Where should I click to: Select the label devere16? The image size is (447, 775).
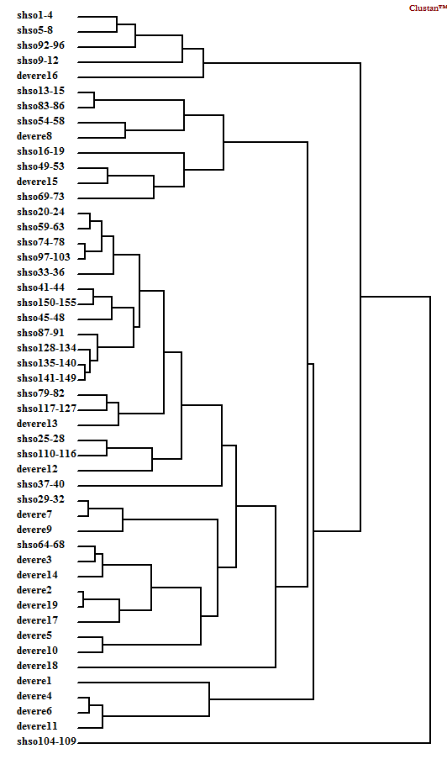coord(38,76)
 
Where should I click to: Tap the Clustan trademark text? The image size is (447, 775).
coord(427,8)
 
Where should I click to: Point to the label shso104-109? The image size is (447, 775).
coord(47,741)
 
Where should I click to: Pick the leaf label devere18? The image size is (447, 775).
coord(38,666)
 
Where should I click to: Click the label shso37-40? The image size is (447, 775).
coord(40,484)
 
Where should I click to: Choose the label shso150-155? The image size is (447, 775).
coord(46,303)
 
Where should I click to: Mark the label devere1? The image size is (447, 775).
coord(34,681)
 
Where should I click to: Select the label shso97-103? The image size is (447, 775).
coord(44,257)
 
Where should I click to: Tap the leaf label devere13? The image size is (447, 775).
coord(38,424)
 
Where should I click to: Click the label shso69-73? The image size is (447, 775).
coord(40,197)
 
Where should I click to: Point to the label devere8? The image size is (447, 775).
coord(34,136)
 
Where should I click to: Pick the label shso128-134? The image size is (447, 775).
coord(46,348)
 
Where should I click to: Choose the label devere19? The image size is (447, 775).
coord(38,605)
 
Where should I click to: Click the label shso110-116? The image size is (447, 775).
coord(46,454)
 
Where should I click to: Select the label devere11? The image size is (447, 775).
coord(38,726)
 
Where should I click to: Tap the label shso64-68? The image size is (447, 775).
coord(40,545)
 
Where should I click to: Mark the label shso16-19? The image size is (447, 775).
coord(40,151)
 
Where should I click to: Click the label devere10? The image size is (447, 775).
coord(38,651)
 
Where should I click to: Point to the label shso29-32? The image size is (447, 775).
coord(40,499)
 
